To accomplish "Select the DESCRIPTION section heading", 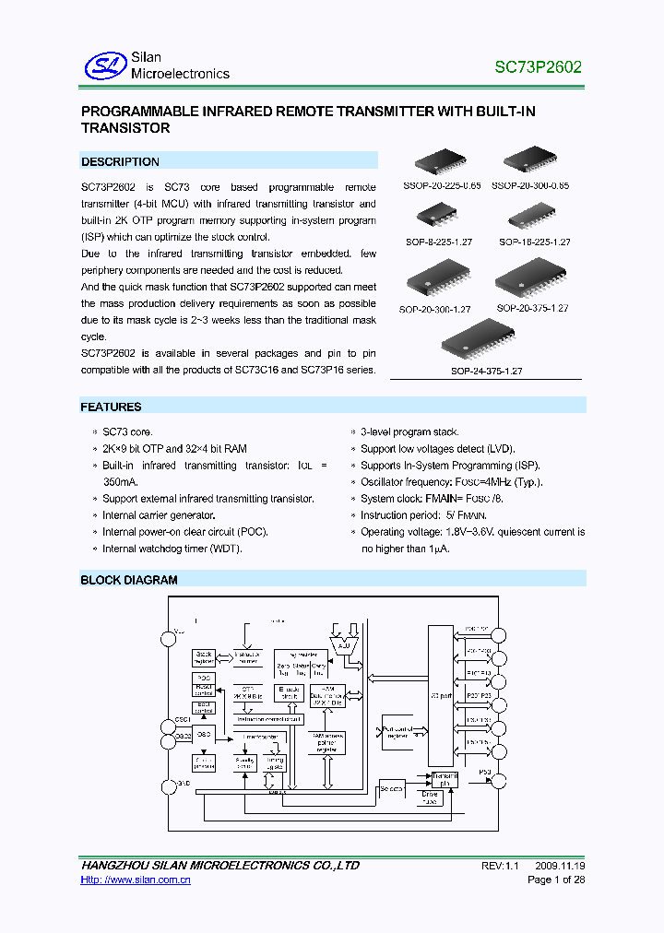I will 120,161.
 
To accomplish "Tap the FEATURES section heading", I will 111,407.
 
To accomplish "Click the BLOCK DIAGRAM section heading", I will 129,580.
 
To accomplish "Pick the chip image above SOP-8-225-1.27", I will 434,215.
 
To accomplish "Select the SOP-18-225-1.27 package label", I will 535,242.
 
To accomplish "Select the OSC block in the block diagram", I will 204,735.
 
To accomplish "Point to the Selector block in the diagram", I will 392,788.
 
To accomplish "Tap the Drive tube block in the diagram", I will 431,797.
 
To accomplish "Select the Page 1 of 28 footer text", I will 555,880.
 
